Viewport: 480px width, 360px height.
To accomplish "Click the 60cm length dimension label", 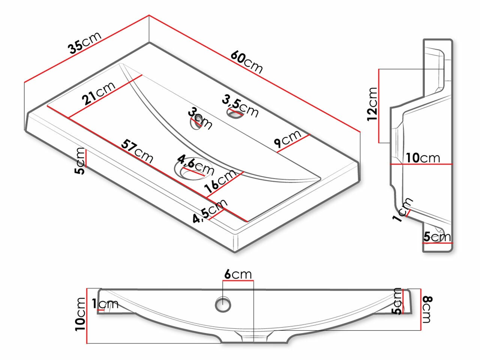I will pos(246,62).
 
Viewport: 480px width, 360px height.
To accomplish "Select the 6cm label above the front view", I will pos(238,274).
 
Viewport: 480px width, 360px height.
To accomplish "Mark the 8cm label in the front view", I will pos(427,309).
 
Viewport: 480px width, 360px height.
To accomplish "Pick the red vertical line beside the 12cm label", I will pos(379,106).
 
